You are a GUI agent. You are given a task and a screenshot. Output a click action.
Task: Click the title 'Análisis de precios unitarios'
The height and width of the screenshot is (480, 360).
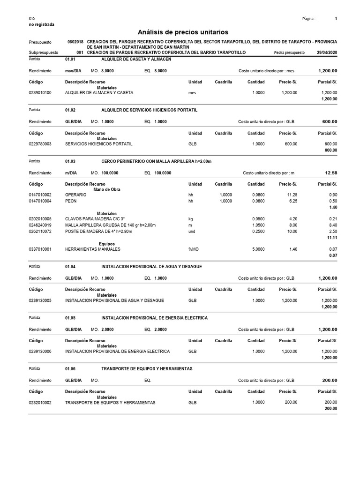[x=183, y=32]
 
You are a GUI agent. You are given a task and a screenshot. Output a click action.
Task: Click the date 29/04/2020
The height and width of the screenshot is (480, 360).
[x=327, y=53]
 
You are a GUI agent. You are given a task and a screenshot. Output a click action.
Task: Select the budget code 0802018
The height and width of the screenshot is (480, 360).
[x=75, y=42]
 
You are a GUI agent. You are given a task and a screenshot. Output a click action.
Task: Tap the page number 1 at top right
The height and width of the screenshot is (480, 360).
[x=336, y=19]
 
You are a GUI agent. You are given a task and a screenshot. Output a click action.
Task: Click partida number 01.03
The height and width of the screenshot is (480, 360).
[x=70, y=161]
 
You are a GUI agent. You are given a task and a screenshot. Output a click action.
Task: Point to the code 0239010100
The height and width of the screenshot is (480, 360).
[x=40, y=93]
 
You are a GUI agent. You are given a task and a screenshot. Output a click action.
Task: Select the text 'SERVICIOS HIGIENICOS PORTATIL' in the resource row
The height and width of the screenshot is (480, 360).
[x=98, y=144]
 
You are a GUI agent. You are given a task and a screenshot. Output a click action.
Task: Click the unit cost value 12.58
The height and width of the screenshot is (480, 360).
[x=331, y=173]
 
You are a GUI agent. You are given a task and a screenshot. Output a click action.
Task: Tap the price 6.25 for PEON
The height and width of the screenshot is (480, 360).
[x=292, y=201]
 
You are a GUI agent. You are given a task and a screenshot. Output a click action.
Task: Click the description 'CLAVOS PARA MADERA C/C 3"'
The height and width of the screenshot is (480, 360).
[x=96, y=219]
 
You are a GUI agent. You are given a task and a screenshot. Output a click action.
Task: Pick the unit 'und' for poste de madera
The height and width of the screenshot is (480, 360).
[x=192, y=232]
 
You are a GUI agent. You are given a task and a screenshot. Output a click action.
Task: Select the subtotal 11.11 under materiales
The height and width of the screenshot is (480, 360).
[x=332, y=238]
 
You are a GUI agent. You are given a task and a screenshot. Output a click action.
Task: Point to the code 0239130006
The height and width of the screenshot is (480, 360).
[x=40, y=351]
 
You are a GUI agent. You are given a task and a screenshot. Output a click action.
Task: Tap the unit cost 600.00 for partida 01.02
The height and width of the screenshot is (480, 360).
[x=330, y=121]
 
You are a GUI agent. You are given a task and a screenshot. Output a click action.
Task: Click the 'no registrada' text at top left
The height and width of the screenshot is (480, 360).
[x=42, y=24]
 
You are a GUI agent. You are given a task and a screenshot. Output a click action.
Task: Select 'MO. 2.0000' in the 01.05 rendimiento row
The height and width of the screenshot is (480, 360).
[x=102, y=330]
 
